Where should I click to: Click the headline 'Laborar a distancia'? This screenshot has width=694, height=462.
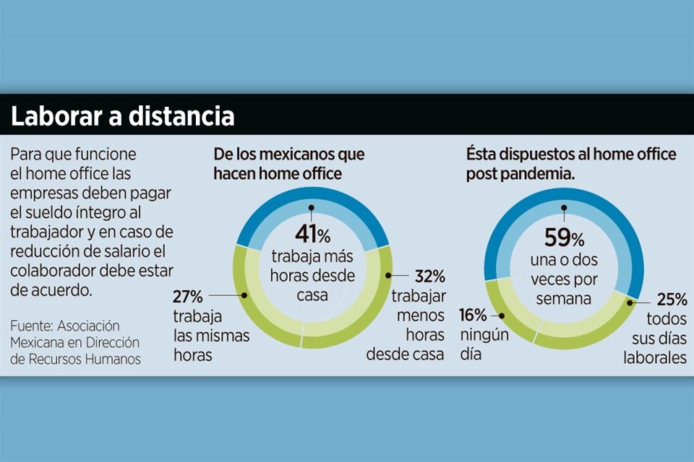tap(123, 116)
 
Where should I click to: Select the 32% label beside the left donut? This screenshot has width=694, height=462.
tap(429, 277)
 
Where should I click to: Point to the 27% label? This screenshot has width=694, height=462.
tap(188, 296)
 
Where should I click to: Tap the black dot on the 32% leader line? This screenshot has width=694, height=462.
tap(389, 276)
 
